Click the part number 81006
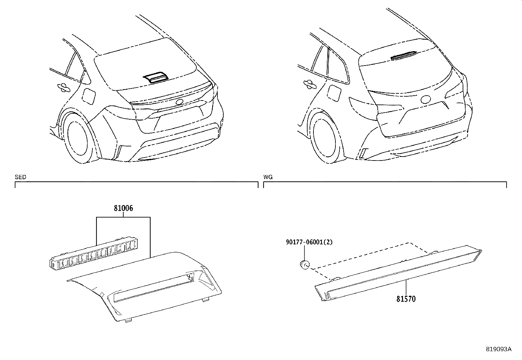tap(123, 208)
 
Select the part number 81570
tap(406, 299)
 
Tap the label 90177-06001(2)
tap(309, 242)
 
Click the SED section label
tap(20, 177)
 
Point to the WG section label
tap(268, 177)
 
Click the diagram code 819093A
tap(498, 349)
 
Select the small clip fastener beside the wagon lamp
tap(305, 264)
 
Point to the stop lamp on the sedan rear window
tap(156, 77)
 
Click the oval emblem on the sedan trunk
tap(180, 102)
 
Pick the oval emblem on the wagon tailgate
tap(426, 99)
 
